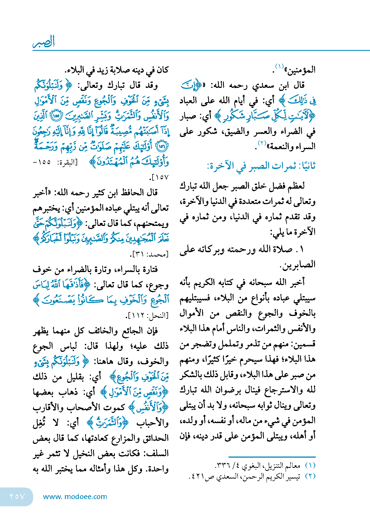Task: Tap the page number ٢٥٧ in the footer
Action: tap(17, 497)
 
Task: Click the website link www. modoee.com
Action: tap(75, 497)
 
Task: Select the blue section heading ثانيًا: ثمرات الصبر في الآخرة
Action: tap(261, 166)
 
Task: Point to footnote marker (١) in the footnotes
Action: tap(310, 466)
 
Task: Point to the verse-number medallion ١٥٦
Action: tap(162, 146)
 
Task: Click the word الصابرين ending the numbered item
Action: tap(298, 265)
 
